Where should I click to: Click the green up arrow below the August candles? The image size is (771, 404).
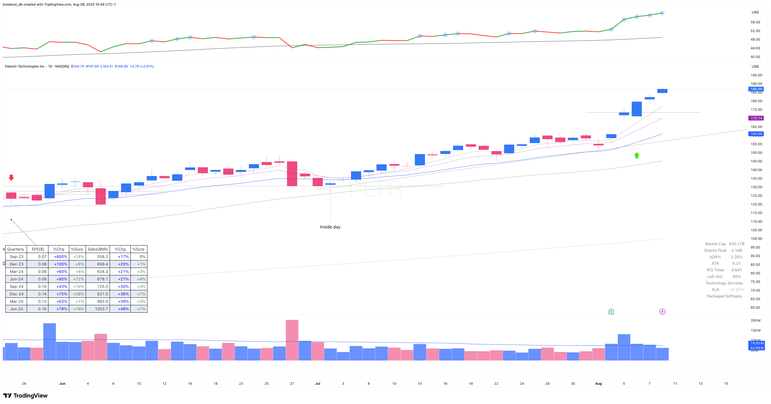click(637, 155)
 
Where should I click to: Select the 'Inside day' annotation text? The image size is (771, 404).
click(330, 227)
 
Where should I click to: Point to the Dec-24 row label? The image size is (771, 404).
click(16, 294)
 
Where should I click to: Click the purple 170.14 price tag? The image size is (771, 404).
click(756, 118)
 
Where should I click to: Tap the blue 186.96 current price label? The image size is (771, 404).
click(756, 89)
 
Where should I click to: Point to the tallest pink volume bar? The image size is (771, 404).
click(292, 340)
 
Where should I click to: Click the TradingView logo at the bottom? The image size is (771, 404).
click(25, 396)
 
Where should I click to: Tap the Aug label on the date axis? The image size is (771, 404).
click(598, 384)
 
